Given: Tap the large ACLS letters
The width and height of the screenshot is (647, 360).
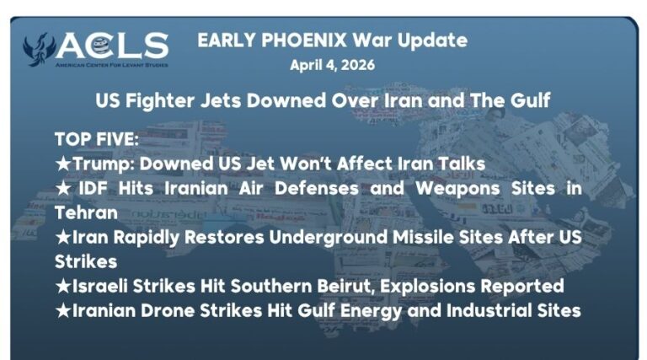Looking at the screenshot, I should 113,45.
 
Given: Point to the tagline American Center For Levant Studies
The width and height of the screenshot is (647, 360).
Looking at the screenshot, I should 111,64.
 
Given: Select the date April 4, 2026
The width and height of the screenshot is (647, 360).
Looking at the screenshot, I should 332,65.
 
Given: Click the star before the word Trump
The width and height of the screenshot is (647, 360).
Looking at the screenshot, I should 61,163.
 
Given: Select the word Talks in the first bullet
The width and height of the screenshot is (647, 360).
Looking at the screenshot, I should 459,163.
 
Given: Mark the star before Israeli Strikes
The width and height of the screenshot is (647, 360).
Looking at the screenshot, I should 61,286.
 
